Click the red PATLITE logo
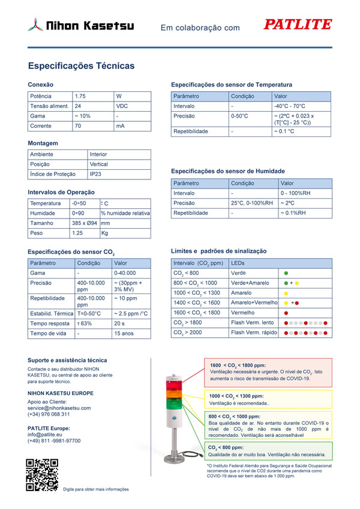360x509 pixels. pyautogui.click(x=298, y=25)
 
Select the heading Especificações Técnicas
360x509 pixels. pyautogui.click(x=82, y=66)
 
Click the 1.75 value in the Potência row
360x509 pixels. pyautogui.click(x=80, y=96)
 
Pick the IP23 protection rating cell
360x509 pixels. pyautogui.click(x=95, y=174)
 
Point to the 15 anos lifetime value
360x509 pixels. pyautogui.click(x=124, y=333)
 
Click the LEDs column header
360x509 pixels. pyautogui.click(x=238, y=263)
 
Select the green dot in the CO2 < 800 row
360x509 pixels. pyautogui.click(x=286, y=273)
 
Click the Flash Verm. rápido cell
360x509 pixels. pyautogui.click(x=254, y=333)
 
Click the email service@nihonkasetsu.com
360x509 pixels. pyautogui.click(x=59, y=408)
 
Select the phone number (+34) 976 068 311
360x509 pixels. pyautogui.click(x=49, y=414)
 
